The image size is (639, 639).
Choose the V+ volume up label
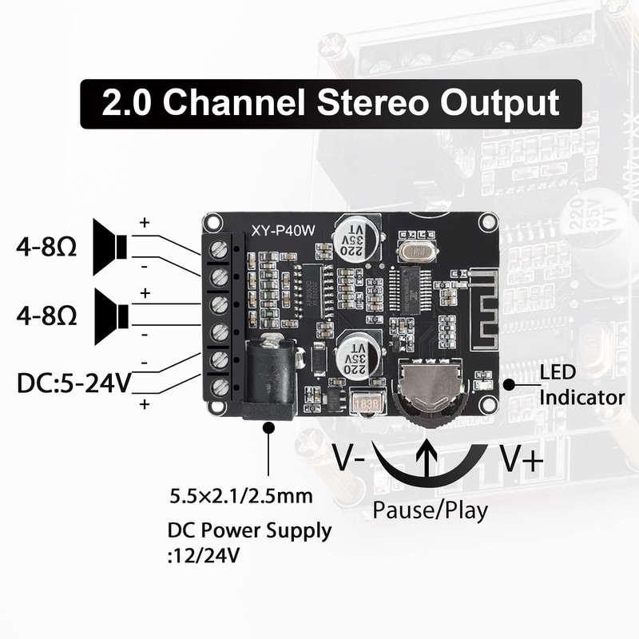click(522, 459)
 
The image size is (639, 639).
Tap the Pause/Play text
click(430, 510)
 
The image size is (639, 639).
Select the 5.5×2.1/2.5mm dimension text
click(240, 497)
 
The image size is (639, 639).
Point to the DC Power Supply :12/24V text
click(248, 542)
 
